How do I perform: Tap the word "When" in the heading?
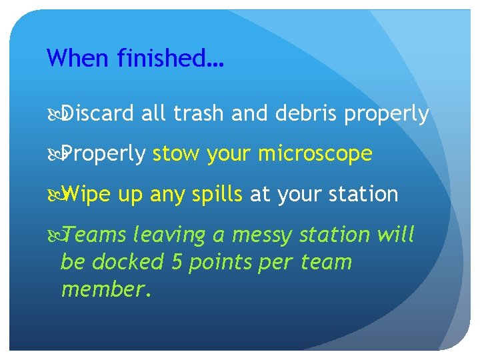(x=78, y=58)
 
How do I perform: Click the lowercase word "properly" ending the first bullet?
(x=387, y=115)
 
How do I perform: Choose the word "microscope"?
(x=315, y=155)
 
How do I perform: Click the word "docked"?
(x=127, y=262)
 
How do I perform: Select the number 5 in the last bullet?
(x=176, y=262)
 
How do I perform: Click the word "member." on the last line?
(x=106, y=289)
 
